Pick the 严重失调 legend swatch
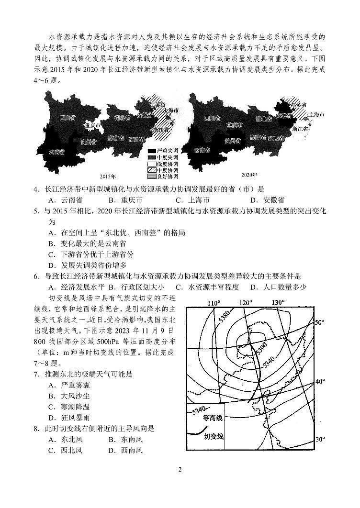tap(152, 151)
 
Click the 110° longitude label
tap(214, 303)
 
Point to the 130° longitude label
tap(277, 302)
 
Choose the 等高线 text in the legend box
tap(214, 418)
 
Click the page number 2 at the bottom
tap(180, 469)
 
